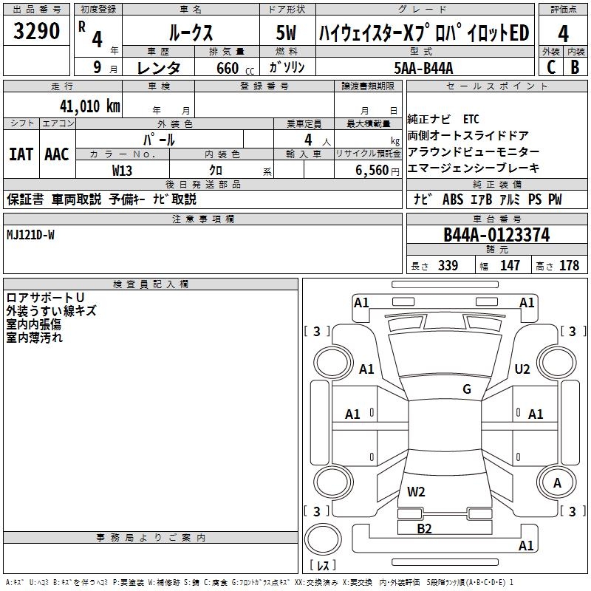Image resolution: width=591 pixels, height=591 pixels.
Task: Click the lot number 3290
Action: point(36,32)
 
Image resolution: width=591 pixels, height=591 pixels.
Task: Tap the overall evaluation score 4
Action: point(563,33)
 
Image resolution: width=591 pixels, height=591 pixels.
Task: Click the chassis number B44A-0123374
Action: point(496,235)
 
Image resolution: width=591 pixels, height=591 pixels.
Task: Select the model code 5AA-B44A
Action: point(423,68)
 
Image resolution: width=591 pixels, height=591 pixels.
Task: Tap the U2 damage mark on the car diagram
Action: point(522,369)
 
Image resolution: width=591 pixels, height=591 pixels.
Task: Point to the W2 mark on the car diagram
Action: point(417,491)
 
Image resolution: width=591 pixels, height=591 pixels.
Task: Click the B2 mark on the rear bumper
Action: point(424,527)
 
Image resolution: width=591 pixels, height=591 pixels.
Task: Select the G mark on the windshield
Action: point(467,389)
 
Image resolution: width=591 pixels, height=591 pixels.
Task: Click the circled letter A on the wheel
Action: point(557,482)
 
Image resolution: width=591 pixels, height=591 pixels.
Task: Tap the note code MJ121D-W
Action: point(30,234)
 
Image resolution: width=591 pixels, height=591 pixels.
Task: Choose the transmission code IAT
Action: point(21,154)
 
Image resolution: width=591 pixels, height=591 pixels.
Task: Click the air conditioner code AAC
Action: point(57,154)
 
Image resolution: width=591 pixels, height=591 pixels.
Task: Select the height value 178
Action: point(570,265)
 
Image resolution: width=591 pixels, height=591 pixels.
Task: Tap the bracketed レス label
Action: point(322,565)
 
